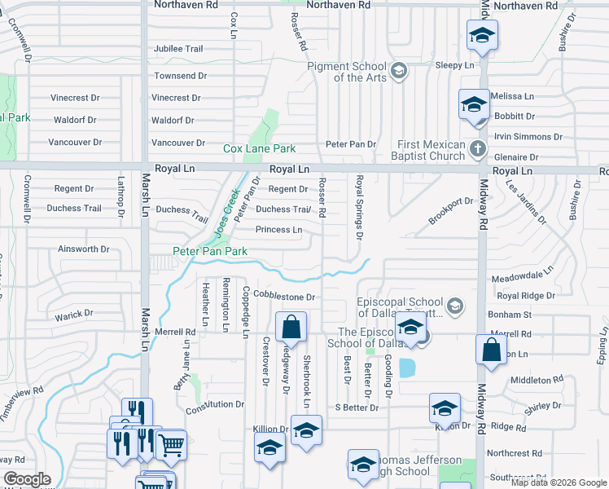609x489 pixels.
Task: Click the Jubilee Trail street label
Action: pos(178,49)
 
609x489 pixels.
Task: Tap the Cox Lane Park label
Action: pos(260,149)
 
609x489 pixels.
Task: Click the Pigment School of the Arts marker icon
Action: pos(398,71)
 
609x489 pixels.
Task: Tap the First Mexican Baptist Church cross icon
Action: pos(478,150)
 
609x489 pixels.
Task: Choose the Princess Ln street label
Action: pos(279,230)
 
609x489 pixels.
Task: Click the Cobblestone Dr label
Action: pos(284,294)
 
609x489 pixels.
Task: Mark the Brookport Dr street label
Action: pos(452,211)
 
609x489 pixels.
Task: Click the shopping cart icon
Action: pos(171,445)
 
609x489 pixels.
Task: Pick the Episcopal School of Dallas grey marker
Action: pos(456,306)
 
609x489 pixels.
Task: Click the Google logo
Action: pos(28,479)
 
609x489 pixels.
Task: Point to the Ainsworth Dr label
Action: pos(83,249)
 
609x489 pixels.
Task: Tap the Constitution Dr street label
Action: pos(215,404)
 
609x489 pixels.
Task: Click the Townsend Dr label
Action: pos(180,76)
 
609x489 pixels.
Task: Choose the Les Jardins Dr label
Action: pos(525,201)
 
